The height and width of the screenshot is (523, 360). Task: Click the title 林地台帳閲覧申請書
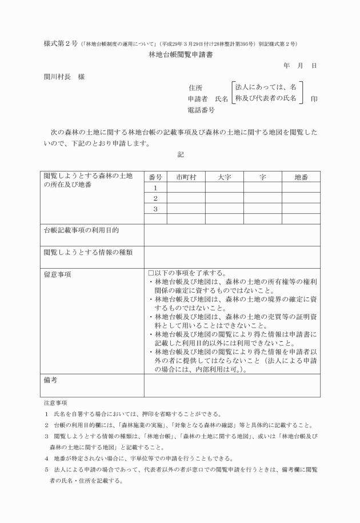(x=180, y=55)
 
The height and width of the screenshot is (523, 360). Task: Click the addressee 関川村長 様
(x=64, y=77)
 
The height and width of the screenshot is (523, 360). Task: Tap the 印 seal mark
(x=314, y=99)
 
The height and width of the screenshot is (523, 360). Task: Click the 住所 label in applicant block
(x=195, y=88)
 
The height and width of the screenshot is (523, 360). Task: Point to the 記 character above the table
(x=180, y=154)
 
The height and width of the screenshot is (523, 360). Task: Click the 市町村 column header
(x=186, y=177)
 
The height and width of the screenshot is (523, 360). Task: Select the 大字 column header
(x=224, y=177)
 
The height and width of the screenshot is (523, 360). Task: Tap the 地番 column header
(x=301, y=177)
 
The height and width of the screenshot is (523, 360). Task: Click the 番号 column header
(x=155, y=177)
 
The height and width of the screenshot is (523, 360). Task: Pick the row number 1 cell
(x=155, y=187)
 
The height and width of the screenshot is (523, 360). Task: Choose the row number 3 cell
(x=155, y=209)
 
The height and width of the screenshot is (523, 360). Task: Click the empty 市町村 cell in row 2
(x=186, y=198)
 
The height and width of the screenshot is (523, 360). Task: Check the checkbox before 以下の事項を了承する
(x=151, y=273)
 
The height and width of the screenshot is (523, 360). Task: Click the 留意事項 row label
(x=57, y=274)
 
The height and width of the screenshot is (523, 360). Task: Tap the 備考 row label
(x=51, y=380)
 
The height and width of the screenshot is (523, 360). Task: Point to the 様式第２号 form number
(x=61, y=44)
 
